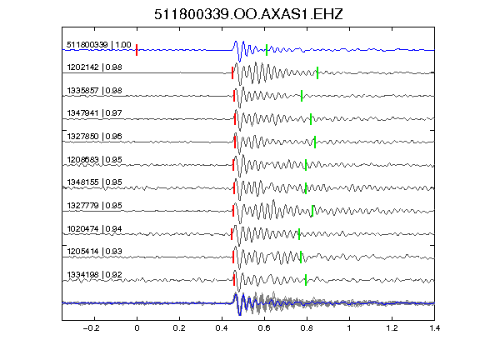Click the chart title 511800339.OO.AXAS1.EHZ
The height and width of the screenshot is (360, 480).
click(248, 14)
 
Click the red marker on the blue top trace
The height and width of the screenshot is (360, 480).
click(137, 50)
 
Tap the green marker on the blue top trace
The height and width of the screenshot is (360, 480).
click(267, 50)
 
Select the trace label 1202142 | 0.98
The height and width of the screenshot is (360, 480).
click(94, 67)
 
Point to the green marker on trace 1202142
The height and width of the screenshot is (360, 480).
click(317, 72)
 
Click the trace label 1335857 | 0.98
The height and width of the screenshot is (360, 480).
click(94, 91)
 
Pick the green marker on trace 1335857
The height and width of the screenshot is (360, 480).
click(302, 96)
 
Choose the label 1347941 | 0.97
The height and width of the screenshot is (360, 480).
click(94, 113)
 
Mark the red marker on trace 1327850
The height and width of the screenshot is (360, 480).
click(235, 142)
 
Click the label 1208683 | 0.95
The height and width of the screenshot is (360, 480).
click(94, 160)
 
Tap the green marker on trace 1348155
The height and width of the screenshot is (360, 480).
click(306, 188)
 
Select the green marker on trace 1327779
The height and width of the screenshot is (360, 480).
click(312, 211)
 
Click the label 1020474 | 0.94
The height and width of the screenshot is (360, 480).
click(94, 228)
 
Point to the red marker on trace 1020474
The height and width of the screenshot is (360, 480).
click(232, 234)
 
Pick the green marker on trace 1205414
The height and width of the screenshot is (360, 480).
click(301, 257)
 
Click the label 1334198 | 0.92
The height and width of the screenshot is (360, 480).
click(94, 275)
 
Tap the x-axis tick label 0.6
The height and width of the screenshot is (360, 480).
click(264, 328)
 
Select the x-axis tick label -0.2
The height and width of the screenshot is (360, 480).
click(91, 328)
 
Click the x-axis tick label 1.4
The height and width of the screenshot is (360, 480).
click(434, 328)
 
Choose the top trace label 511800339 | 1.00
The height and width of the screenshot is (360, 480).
click(99, 45)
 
